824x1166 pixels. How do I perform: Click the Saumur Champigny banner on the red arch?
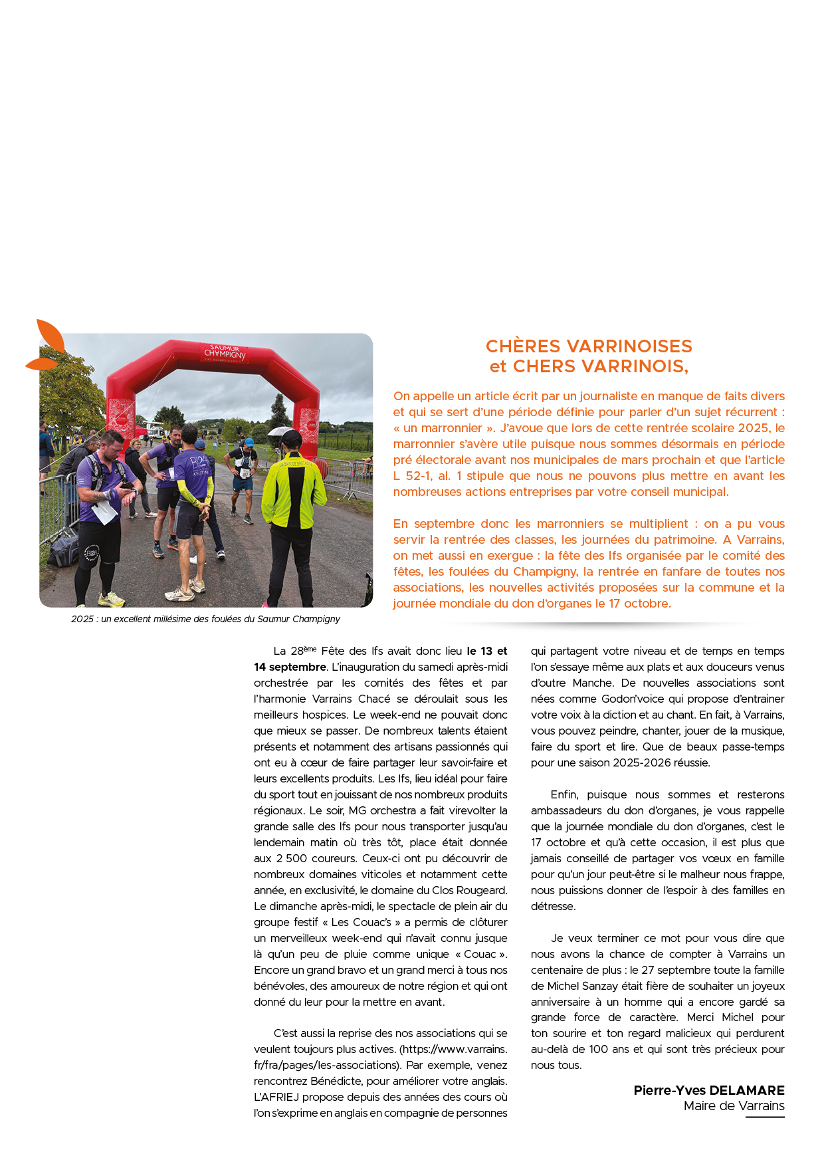(x=225, y=353)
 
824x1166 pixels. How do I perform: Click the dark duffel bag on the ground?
(x=63, y=551)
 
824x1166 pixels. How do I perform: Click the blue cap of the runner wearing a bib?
(x=249, y=442)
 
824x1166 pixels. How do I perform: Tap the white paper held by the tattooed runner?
(x=104, y=511)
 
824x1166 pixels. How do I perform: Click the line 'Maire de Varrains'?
(x=734, y=1106)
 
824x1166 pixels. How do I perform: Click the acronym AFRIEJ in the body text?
(x=276, y=1097)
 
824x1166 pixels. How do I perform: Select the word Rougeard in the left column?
(x=484, y=890)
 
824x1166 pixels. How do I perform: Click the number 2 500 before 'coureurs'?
(x=291, y=858)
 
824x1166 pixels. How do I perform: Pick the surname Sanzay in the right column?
(x=601, y=986)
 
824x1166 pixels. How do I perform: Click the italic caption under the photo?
(x=205, y=619)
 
